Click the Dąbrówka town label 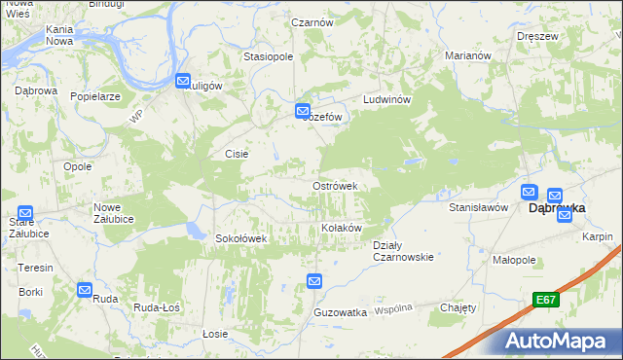[556, 207]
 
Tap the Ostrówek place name [335, 186]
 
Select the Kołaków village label [342, 228]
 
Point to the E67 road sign [544, 302]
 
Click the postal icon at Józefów [303, 112]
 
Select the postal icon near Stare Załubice [25, 213]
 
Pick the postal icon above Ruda [86, 289]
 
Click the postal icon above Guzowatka [314, 281]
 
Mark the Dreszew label [537, 36]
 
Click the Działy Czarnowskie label [403, 251]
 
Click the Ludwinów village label [389, 101]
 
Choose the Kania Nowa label [59, 36]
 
